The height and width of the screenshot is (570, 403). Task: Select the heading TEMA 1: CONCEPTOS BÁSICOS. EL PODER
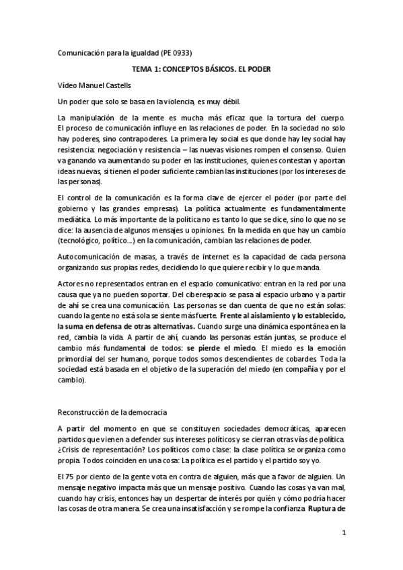[201, 69]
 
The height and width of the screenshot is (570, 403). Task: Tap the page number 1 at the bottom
[343, 536]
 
